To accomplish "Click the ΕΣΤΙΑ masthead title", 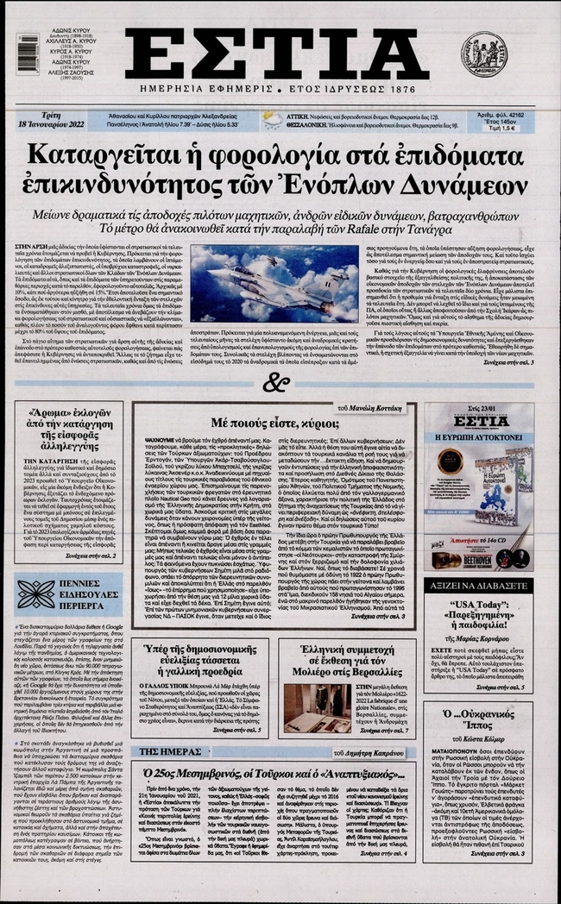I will coord(276,54).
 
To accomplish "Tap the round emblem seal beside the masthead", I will coord(486,53).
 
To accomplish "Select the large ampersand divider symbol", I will coord(275,382).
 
